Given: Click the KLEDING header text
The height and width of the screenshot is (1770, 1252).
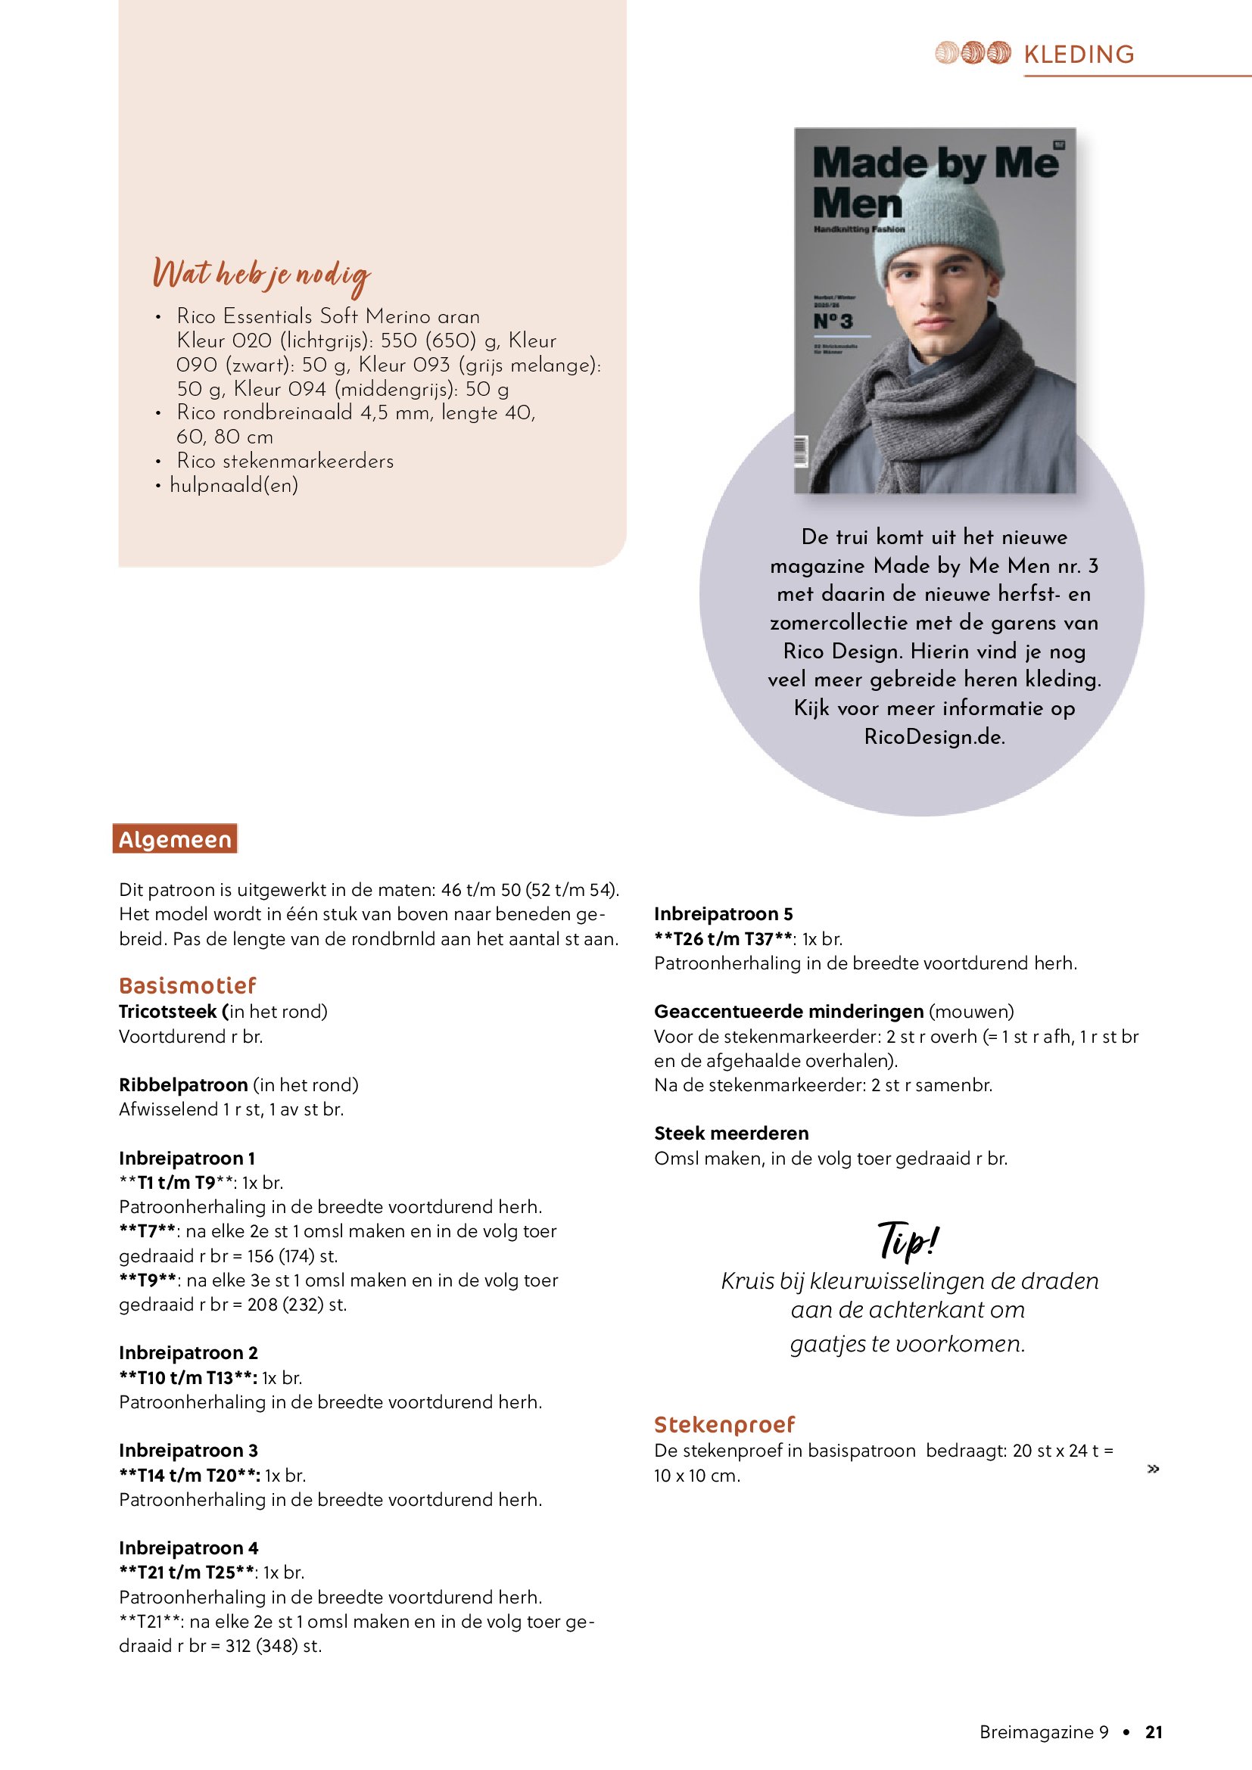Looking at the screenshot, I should pos(1079,54).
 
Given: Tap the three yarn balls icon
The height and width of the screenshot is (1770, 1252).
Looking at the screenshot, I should pos(972,52).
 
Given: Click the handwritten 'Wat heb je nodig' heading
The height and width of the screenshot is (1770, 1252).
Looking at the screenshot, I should pos(261,276).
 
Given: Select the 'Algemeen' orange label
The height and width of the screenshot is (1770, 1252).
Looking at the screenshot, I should pos(175,838).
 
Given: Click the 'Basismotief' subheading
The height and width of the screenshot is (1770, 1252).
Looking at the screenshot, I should pos(187,985).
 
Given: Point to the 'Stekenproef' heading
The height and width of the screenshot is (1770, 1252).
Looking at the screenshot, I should pos(724,1424).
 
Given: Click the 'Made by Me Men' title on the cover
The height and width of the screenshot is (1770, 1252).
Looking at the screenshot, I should pos(934,182).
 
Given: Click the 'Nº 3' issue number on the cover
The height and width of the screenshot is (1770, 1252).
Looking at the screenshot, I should pos(833,322).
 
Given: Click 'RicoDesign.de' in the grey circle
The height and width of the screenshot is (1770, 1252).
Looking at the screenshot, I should pos(933,737).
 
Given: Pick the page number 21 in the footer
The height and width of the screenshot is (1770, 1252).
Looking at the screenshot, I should pos(1154,1732).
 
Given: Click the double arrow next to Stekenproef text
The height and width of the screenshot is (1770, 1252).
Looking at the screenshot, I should pos(1154,1470).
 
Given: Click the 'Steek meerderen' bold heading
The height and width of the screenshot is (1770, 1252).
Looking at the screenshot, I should pos(731,1134).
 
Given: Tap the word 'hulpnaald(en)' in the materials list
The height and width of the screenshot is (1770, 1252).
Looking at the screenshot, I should pos(234,485).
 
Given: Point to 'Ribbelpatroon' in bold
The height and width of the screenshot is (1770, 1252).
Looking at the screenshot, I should pos(183,1084).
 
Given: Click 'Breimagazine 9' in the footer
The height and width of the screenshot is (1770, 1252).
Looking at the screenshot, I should pos(1044,1732).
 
